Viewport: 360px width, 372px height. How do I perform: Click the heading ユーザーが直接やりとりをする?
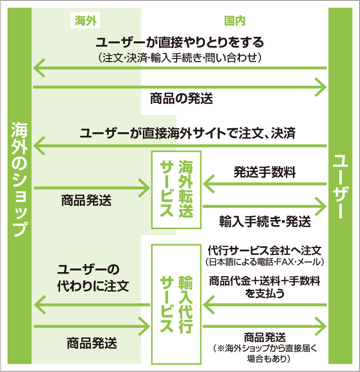point(180,41)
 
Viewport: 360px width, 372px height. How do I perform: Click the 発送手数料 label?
point(265,172)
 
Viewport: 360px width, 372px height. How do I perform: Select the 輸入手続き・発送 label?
point(265,222)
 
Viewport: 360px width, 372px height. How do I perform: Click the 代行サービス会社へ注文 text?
point(265,250)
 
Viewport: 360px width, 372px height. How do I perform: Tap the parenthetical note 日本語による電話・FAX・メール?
point(265,262)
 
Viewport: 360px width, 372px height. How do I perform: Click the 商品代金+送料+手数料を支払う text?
point(265,286)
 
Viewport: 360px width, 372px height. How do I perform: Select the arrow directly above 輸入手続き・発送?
point(265,205)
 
